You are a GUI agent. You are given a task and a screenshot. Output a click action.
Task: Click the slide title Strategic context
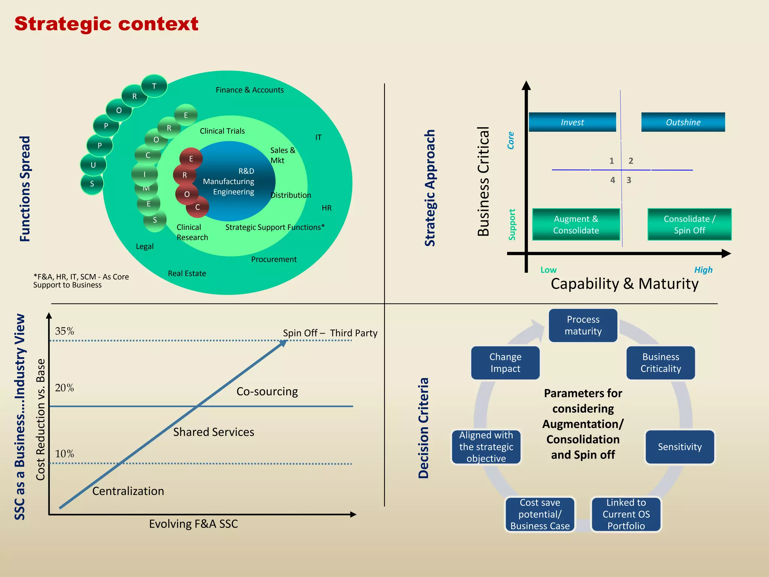[x=106, y=24]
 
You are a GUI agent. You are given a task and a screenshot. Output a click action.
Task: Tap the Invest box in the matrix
[x=572, y=122]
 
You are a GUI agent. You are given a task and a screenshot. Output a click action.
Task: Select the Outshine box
[x=683, y=122]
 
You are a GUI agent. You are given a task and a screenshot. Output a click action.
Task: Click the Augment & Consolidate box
[x=576, y=224]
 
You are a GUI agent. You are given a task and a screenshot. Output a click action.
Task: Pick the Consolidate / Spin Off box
[x=689, y=224]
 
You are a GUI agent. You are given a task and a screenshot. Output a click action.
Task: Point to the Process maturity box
[x=583, y=325]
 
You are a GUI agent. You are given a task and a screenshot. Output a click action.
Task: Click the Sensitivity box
[x=680, y=447]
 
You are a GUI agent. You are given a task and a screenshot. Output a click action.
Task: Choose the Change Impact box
[x=505, y=363]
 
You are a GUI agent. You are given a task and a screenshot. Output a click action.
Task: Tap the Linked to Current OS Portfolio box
[x=626, y=514]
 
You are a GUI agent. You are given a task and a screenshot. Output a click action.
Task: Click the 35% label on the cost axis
[x=64, y=331]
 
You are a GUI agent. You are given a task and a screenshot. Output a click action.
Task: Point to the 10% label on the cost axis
[x=64, y=454]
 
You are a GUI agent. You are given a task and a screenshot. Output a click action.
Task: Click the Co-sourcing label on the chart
[x=267, y=391]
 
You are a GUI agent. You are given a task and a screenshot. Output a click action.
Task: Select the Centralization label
[x=128, y=491]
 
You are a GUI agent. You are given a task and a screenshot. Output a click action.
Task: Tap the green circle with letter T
[x=154, y=86]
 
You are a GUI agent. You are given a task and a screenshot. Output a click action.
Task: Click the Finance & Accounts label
[x=249, y=90]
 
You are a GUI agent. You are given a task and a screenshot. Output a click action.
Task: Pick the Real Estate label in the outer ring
[x=187, y=273]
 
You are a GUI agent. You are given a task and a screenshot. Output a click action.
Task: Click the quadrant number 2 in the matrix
[x=631, y=161]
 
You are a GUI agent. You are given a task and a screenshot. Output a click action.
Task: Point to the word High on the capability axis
[x=703, y=270]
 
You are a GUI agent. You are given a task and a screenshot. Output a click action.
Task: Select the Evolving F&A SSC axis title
[x=193, y=524]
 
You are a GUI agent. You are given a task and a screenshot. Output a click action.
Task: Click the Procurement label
[x=274, y=259]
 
